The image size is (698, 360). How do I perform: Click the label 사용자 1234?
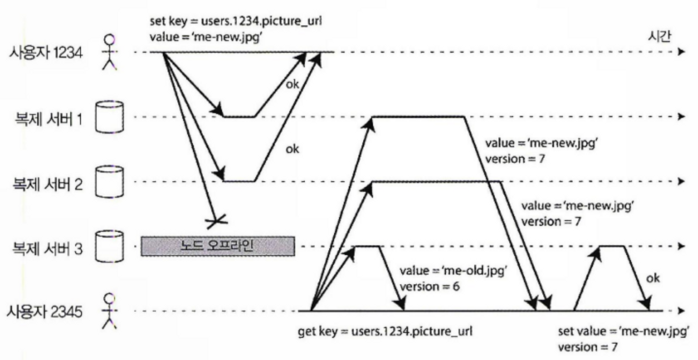click(46, 53)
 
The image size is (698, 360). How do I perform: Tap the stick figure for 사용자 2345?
click(109, 311)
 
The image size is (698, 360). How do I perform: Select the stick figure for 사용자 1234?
click(109, 52)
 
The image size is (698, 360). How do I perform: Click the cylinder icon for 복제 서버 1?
click(109, 117)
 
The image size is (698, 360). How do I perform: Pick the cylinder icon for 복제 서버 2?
click(109, 182)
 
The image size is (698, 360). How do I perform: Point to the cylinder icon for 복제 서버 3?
click(109, 246)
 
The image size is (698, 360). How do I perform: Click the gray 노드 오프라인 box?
click(217, 246)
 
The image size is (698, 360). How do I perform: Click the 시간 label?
click(659, 36)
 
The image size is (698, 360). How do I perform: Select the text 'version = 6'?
click(429, 286)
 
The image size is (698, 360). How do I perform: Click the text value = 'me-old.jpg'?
click(453, 270)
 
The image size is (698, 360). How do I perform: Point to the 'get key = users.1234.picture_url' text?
click(385, 331)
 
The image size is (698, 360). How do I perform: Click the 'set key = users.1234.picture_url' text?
click(236, 21)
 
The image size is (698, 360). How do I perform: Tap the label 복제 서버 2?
click(47, 184)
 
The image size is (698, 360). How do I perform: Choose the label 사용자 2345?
click(44, 312)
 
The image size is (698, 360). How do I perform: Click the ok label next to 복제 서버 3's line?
click(653, 278)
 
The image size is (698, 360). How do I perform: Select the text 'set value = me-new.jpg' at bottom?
click(623, 331)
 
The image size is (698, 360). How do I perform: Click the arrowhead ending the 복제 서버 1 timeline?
click(681, 117)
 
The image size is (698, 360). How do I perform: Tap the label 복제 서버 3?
click(47, 249)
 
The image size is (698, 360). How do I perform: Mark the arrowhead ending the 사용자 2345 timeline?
click(681, 310)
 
